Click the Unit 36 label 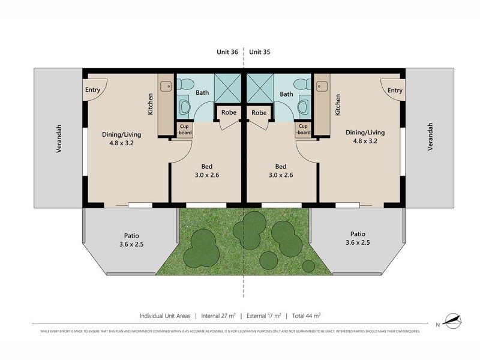tap(227, 52)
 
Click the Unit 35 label tap(259, 52)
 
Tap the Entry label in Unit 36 tap(92, 90)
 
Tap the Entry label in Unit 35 tap(394, 90)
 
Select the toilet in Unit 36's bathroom tap(185, 86)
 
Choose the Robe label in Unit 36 tap(228, 113)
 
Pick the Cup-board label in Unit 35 tap(303, 130)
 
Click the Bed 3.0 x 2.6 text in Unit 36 tap(206, 171)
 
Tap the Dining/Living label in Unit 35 tap(365, 137)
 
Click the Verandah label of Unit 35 tap(430, 137)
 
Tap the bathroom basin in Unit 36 tap(185, 107)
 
